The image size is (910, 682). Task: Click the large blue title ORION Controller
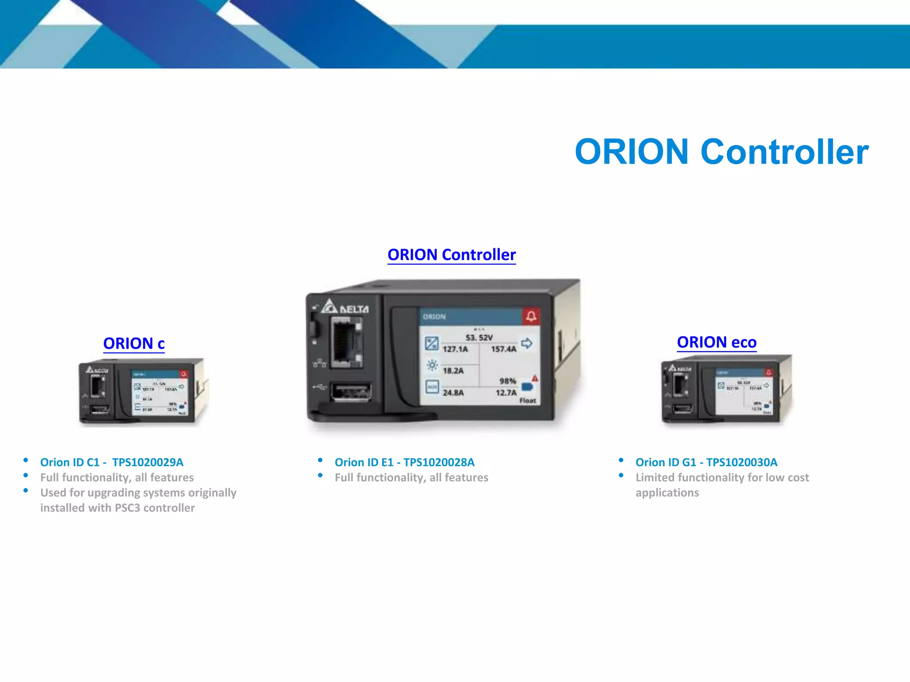[x=721, y=152]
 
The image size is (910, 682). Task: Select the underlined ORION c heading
[x=134, y=343]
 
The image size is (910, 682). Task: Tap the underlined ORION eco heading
[x=716, y=342]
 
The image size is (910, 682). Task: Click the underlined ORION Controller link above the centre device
[x=451, y=254]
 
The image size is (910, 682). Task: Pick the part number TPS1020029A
[x=148, y=462]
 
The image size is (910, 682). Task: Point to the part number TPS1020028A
[x=439, y=462]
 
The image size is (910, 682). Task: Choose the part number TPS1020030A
[x=742, y=462]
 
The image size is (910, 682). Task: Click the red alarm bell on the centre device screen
[x=531, y=316]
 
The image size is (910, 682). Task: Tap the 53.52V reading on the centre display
[x=479, y=337]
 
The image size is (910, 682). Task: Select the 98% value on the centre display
[x=507, y=381]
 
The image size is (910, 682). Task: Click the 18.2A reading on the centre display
[x=453, y=371]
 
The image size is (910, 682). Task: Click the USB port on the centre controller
[x=351, y=392]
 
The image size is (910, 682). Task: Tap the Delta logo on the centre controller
[x=345, y=307]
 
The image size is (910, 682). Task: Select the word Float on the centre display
[x=527, y=400]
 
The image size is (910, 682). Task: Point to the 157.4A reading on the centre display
[x=503, y=349]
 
